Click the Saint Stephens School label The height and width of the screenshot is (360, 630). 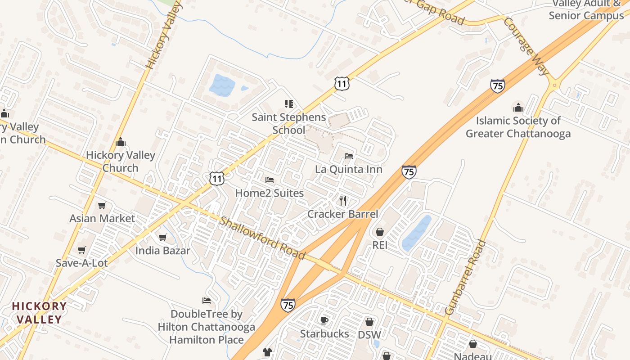[288, 124]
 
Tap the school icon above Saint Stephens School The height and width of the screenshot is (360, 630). [288, 104]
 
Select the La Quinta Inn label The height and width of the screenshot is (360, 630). [349, 169]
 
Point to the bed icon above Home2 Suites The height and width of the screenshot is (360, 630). [270, 180]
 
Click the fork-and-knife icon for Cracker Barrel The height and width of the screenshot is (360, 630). [343, 200]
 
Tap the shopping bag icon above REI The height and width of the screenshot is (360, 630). [380, 232]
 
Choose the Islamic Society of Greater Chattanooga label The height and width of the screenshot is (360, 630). [518, 127]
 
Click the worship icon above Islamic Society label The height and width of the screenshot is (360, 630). [518, 108]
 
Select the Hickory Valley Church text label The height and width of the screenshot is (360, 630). [120, 162]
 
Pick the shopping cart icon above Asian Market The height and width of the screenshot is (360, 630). [102, 205]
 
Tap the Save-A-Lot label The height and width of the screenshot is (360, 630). [81, 263]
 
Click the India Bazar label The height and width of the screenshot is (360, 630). [163, 251]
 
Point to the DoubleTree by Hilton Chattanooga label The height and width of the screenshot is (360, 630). [207, 327]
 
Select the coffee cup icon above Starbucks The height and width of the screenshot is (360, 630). [324, 320]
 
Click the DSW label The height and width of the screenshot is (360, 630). [369, 335]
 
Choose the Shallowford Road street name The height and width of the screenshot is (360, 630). [263, 238]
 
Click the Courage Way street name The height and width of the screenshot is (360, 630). [526, 46]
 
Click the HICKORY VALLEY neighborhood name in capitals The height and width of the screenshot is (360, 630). [39, 313]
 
